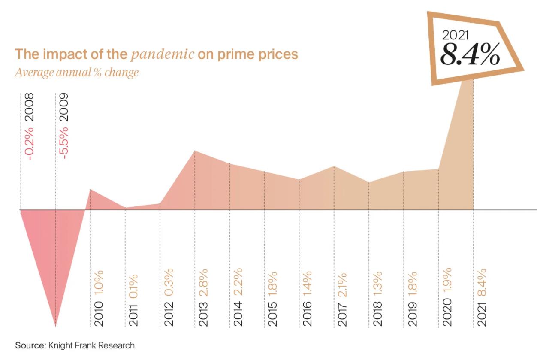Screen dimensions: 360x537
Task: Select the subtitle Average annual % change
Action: pos(77,72)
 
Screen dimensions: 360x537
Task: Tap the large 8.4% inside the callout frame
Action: pos(470,53)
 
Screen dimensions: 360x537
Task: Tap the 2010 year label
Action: pos(99,314)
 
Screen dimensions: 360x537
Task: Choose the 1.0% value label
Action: pos(99,282)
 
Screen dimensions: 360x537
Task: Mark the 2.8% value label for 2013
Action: pos(203,281)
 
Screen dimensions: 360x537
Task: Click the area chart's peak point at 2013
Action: pos(195,151)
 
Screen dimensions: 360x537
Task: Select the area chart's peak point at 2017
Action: pos(334,166)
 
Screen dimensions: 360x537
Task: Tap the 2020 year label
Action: pos(447,314)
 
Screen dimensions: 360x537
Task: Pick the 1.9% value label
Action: pos(447,281)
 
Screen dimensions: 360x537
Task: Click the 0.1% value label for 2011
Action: pos(133,286)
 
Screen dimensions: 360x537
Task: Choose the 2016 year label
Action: pos(307,314)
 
